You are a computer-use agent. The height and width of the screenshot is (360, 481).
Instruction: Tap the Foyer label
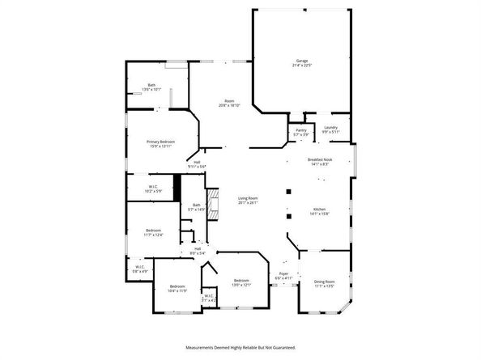tap(283, 276)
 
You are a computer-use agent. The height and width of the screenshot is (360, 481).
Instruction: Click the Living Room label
tap(247, 200)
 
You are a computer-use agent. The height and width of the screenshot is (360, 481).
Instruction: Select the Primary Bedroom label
tap(161, 143)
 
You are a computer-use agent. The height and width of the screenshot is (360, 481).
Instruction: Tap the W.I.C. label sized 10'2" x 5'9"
tap(153, 188)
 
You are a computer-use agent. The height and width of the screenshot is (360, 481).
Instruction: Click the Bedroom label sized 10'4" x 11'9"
tap(177, 289)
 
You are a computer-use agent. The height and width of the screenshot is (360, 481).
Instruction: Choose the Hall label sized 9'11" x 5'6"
tap(197, 164)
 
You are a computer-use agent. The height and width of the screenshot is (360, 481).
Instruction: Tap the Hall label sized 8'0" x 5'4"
tap(198, 251)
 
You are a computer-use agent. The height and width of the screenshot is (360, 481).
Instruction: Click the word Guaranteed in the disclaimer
tap(276, 346)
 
